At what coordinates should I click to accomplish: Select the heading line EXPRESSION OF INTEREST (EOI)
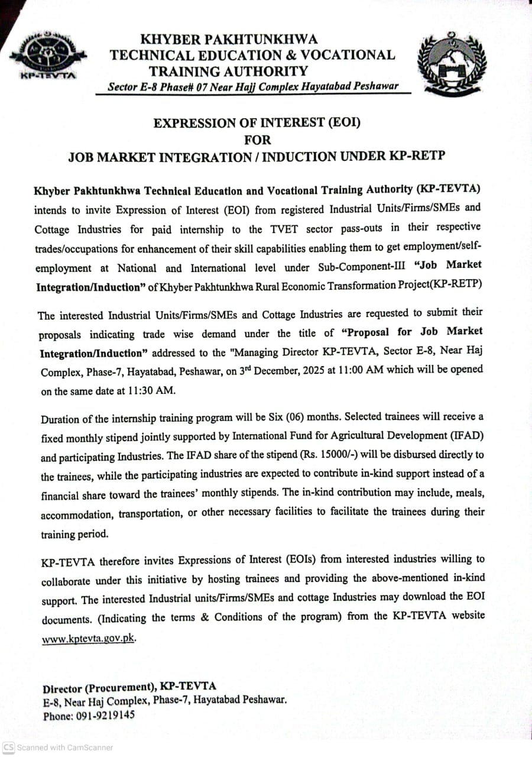(257, 124)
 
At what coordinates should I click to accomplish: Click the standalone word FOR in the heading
(257, 140)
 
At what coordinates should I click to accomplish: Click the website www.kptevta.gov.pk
(89, 639)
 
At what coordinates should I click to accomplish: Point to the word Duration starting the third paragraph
(61, 419)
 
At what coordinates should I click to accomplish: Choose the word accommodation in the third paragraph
(76, 515)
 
